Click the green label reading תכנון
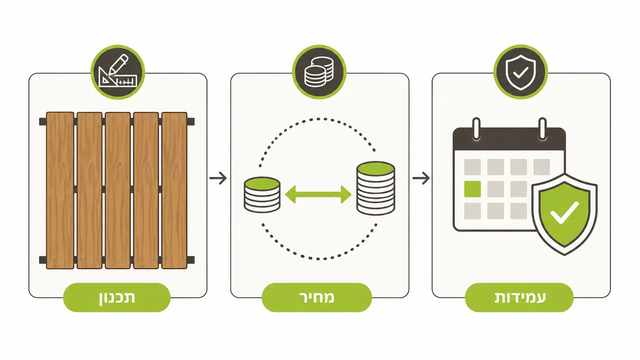tap(117, 297)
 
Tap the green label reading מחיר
tap(317, 297)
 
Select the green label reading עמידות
tap(519, 297)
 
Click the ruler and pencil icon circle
tap(118, 72)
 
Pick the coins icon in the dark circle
tap(319, 72)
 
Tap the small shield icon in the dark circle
tap(520, 72)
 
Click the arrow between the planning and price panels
tap(218, 178)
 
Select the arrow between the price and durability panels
tap(421, 178)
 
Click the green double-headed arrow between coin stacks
tap(318, 194)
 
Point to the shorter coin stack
tap(262, 195)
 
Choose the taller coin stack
tap(376, 188)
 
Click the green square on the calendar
tap(472, 189)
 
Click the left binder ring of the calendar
tap(476, 129)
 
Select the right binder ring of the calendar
tap(542, 129)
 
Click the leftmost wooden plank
tap(60, 190)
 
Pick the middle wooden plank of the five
tap(118, 190)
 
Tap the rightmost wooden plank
tap(174, 190)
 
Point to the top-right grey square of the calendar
tap(541, 167)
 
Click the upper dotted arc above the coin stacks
tap(318, 119)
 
